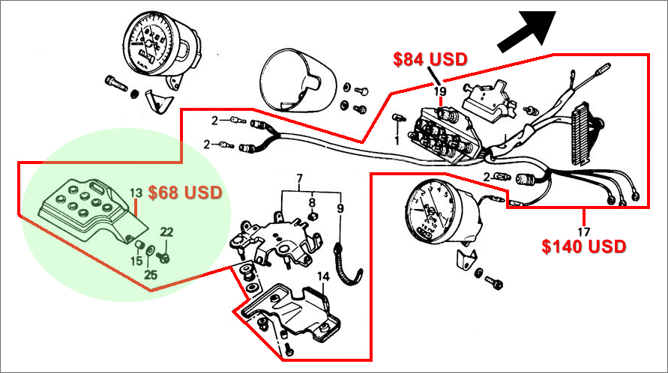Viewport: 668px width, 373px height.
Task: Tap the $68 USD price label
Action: tap(185, 193)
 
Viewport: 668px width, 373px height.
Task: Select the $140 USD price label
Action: tap(584, 246)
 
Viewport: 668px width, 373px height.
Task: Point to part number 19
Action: tap(441, 91)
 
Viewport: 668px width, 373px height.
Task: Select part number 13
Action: tap(136, 193)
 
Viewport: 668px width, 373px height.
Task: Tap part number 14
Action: tap(322, 276)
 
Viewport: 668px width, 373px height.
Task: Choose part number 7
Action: tap(299, 179)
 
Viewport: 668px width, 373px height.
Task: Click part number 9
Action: tap(340, 208)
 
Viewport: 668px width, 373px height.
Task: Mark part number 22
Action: tap(166, 231)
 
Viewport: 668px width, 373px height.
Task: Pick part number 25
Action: tap(151, 275)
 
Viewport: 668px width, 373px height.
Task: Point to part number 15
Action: tap(136, 260)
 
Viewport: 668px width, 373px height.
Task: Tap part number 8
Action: tap(312, 201)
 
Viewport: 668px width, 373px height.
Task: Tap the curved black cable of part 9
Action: tap(346, 266)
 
